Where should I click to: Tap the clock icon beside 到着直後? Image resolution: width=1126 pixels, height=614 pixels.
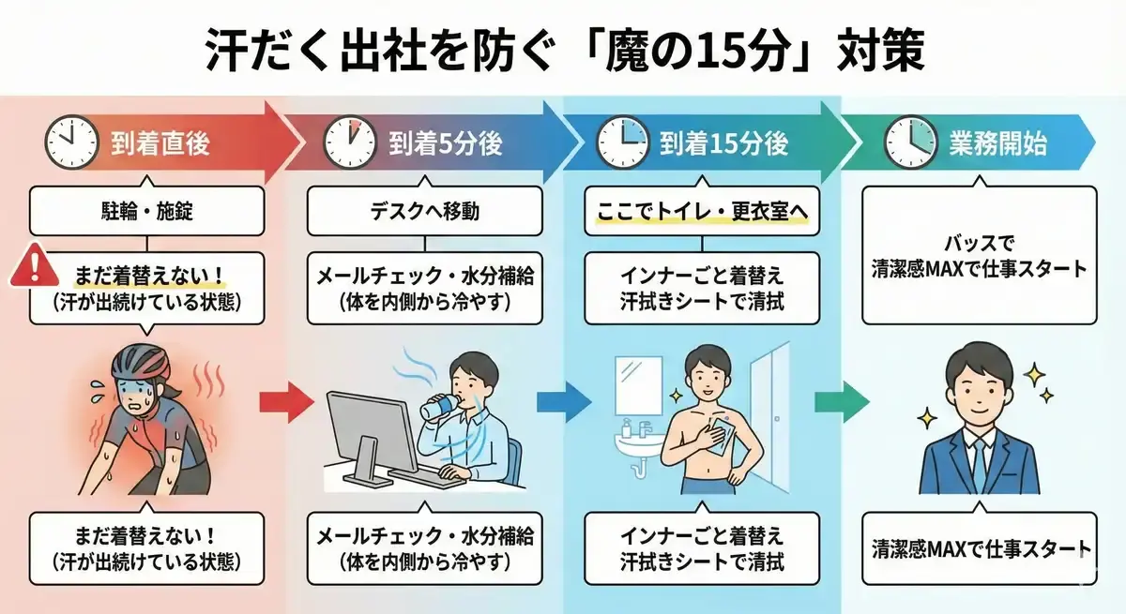[72, 143]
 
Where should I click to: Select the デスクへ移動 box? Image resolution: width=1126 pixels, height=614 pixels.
[425, 212]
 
